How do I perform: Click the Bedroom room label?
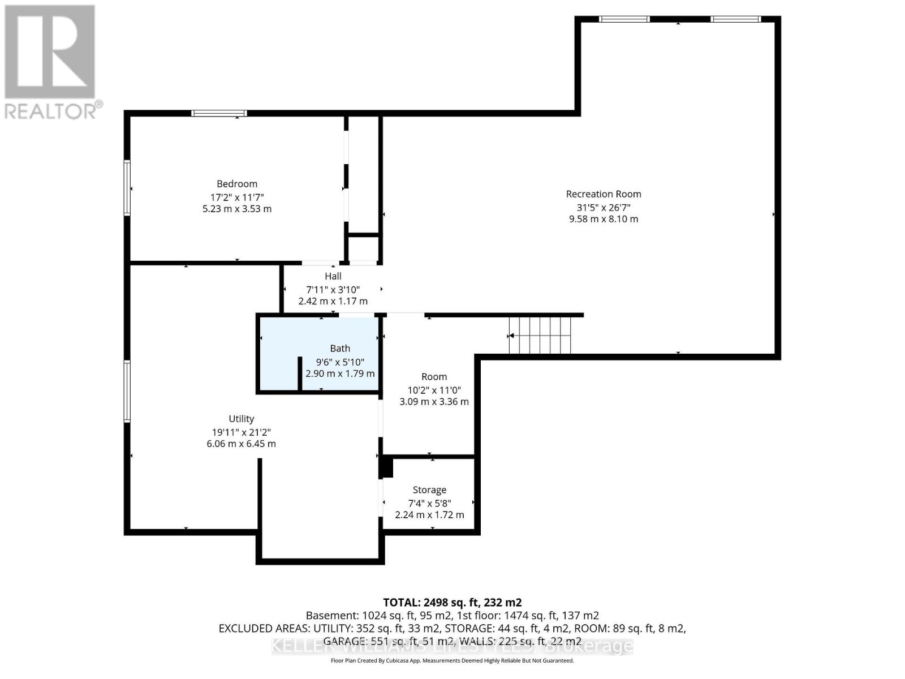(236, 184)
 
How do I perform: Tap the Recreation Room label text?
(603, 194)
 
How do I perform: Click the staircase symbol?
(540, 335)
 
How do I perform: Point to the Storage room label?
(429, 490)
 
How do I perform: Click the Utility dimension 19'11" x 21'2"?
(241, 432)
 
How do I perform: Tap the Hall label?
(333, 276)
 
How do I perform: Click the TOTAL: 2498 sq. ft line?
(452, 602)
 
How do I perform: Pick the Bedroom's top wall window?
(219, 113)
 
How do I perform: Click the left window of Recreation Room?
(624, 19)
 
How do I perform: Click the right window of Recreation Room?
(735, 19)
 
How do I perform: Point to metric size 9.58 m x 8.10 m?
(603, 219)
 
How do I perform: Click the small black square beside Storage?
(386, 468)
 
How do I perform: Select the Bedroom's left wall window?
(127, 188)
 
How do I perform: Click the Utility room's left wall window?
(127, 392)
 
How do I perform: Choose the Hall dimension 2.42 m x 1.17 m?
(333, 301)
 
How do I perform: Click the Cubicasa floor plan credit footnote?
(452, 660)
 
